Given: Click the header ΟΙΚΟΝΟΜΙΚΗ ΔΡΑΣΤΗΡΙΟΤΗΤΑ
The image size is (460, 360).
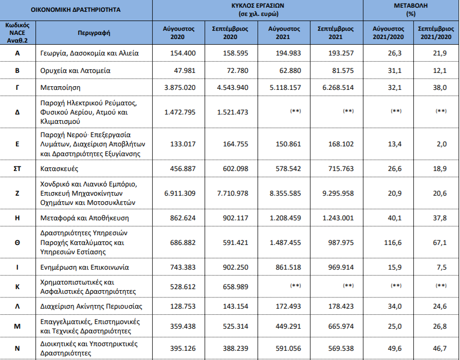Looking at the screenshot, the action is click(76, 10).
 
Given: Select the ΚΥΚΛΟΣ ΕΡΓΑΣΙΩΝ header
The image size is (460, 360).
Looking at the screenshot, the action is click(257, 10).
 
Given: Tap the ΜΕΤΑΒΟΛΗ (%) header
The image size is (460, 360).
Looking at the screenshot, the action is click(411, 10).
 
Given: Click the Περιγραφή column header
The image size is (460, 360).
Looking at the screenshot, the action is click(94, 32).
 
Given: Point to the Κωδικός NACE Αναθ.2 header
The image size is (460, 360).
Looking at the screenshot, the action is click(17, 32).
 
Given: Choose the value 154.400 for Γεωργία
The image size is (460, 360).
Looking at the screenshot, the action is click(183, 53).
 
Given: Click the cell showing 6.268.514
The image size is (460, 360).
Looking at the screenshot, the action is click(338, 87).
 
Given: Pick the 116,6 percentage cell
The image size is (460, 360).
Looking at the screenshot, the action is click(393, 242).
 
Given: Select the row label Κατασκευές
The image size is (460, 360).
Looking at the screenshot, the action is click(59, 168).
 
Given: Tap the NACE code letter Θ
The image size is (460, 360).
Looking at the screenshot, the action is click(17, 242).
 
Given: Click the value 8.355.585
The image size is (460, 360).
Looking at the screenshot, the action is click(285, 193).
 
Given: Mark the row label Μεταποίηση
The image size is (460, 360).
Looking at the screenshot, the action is click(60, 87).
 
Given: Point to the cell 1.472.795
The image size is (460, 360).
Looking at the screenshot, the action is click(180, 112).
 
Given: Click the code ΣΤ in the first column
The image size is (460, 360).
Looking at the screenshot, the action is click(17, 168).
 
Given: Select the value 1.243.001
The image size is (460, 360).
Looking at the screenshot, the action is click(338, 218).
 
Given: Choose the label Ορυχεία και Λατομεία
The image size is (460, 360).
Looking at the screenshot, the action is click(75, 70).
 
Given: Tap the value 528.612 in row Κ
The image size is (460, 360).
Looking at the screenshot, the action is click(183, 287).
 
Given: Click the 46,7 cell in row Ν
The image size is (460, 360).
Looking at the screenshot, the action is click(439, 348).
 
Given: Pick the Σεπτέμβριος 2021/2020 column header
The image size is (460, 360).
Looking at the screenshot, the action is click(436, 32).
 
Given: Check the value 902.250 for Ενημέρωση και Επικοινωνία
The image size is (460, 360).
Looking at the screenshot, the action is click(235, 267).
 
